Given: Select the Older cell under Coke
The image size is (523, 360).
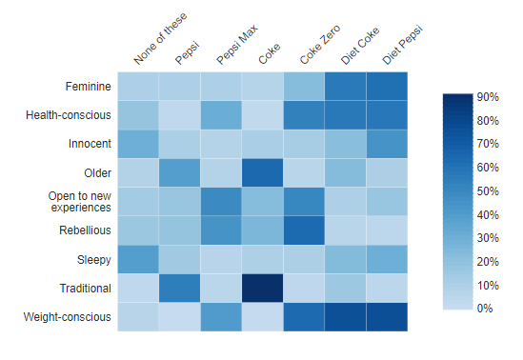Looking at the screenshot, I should (262, 173).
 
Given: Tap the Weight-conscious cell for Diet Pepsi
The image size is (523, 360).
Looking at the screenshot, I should (386, 317).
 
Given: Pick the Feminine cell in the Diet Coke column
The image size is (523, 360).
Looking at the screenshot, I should (345, 87).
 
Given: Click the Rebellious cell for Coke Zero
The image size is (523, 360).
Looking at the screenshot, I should (304, 230).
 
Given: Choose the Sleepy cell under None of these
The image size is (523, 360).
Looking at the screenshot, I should (138, 260).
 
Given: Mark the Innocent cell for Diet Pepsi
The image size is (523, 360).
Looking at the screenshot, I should (386, 144).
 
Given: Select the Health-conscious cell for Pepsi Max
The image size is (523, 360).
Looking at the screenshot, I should (221, 115).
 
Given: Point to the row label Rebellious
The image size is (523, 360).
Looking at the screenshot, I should (84, 230).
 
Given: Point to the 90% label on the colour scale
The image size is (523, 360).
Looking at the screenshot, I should (489, 97).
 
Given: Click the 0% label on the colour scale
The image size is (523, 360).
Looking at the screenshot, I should (485, 309).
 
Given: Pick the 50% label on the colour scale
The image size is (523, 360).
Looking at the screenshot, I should (489, 191).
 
